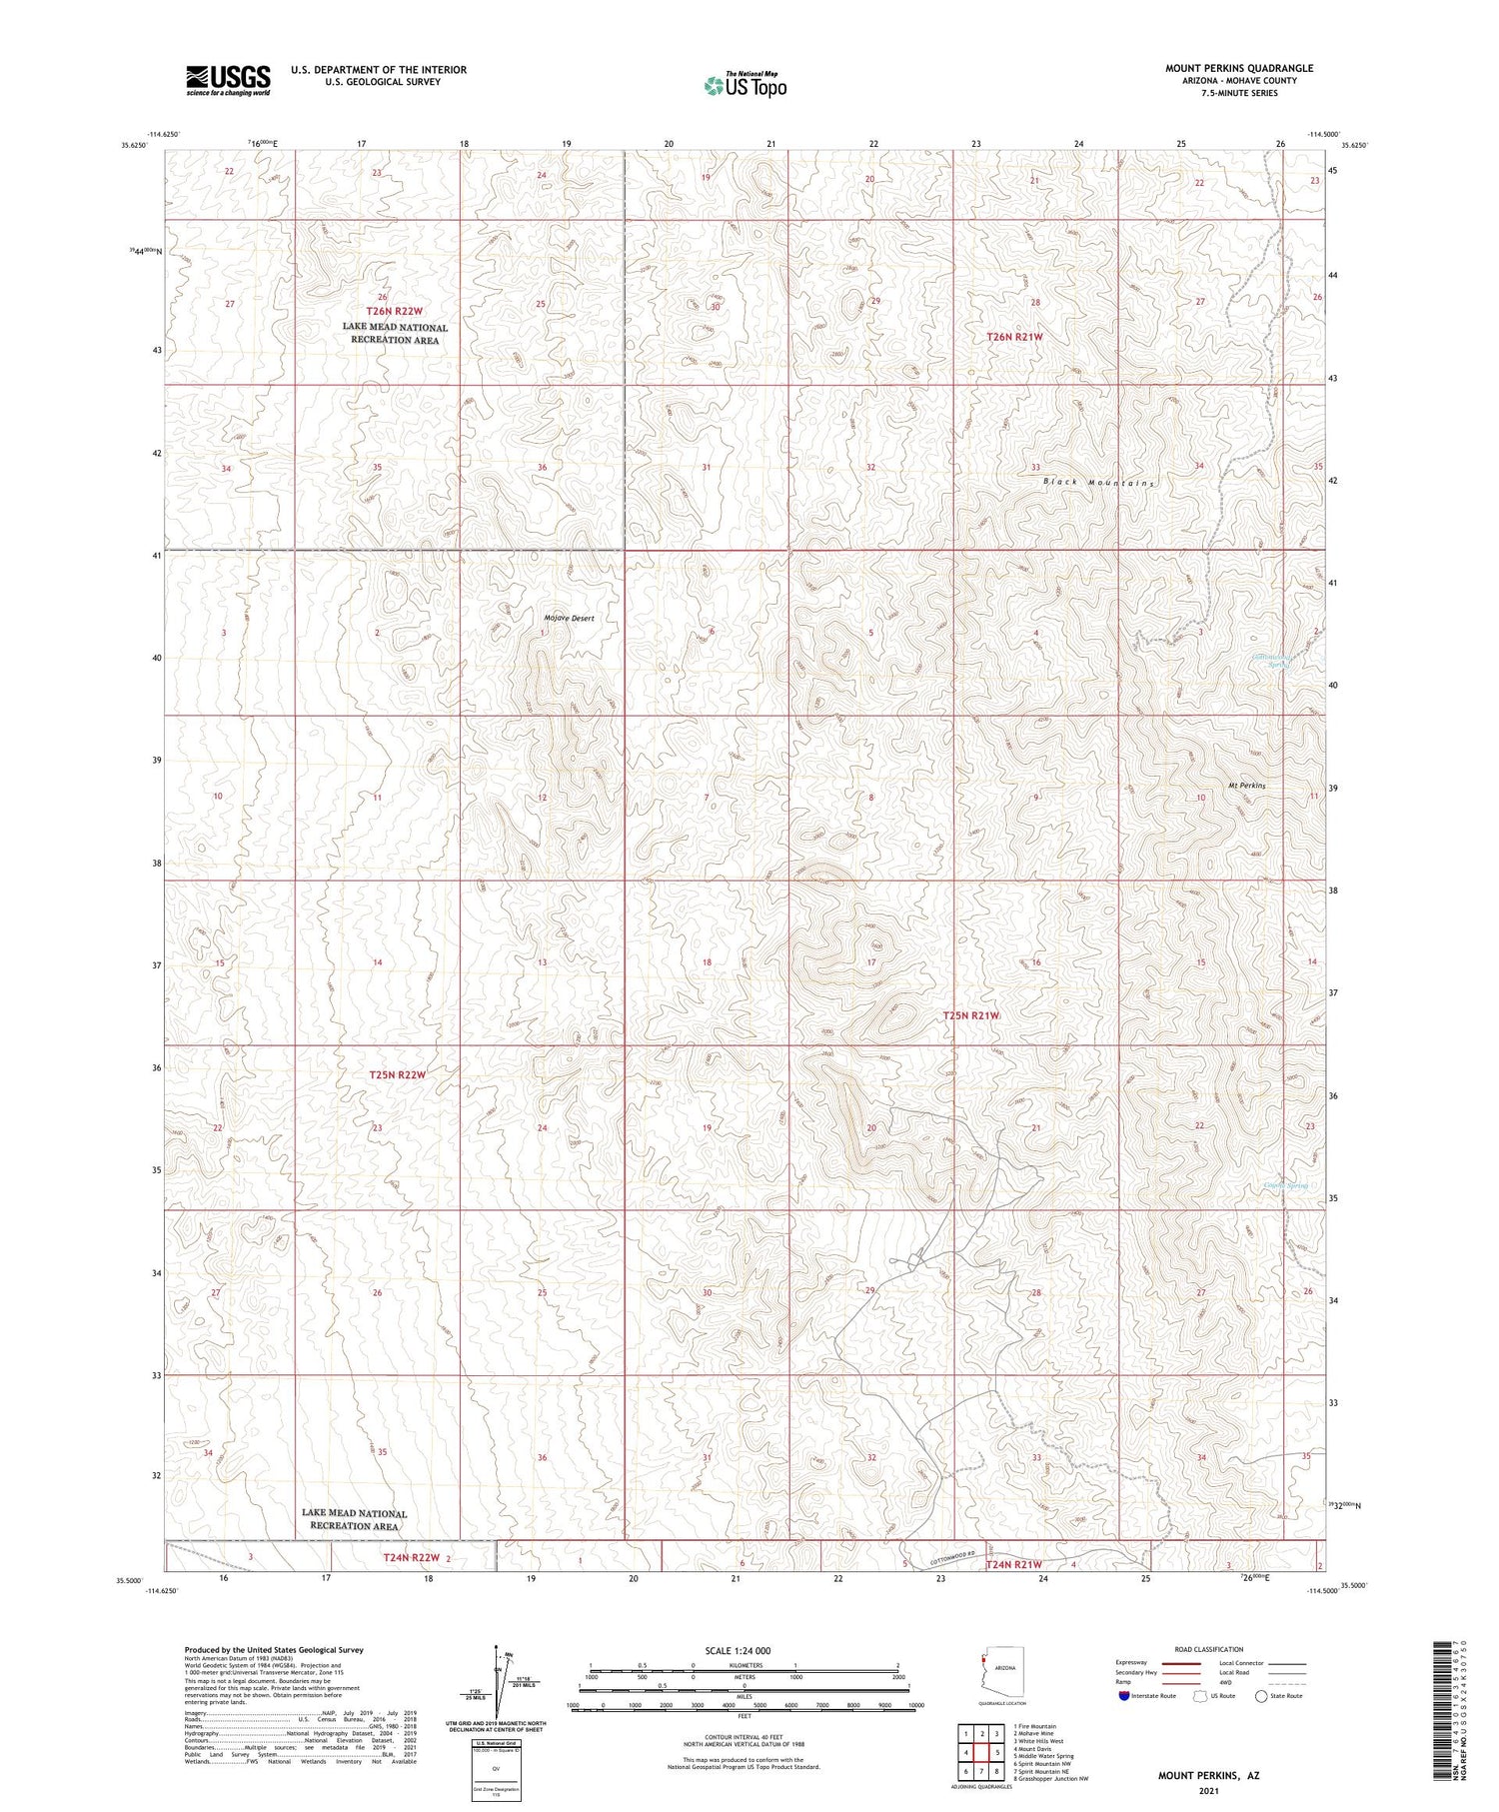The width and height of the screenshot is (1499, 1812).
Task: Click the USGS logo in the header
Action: pyautogui.click(x=228, y=80)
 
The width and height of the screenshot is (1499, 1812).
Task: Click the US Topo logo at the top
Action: pyautogui.click(x=745, y=86)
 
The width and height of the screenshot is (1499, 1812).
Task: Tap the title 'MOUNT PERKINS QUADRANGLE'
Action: pyautogui.click(x=1238, y=69)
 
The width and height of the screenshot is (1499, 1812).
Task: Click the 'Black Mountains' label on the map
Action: pyautogui.click(x=1098, y=483)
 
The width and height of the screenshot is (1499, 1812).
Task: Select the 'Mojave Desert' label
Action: pyautogui.click(x=570, y=619)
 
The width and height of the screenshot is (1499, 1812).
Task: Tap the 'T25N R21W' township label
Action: pyautogui.click(x=971, y=1015)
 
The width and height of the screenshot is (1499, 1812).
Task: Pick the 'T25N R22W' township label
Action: pyautogui.click(x=398, y=1075)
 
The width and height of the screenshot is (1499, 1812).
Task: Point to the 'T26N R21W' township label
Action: pyautogui.click(x=1014, y=338)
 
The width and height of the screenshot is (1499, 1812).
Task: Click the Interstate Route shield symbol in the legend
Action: pyautogui.click(x=1124, y=1696)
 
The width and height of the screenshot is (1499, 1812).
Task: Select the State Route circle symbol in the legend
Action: pyautogui.click(x=1261, y=1696)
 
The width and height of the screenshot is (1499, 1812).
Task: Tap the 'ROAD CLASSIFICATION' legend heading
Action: pyautogui.click(x=1208, y=1649)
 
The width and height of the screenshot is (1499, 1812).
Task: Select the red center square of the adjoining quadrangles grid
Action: pyautogui.click(x=982, y=1752)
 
